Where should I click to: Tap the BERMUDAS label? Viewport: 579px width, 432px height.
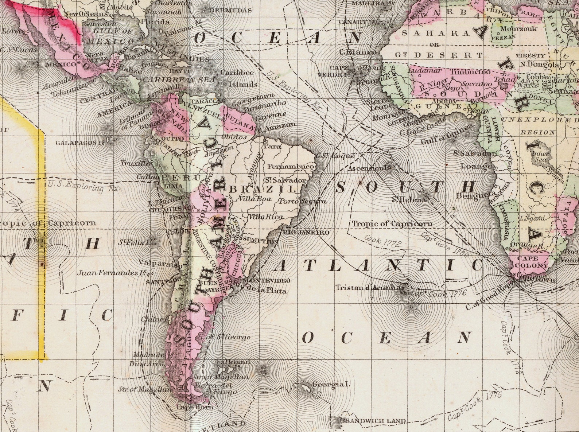click(x=231, y=10)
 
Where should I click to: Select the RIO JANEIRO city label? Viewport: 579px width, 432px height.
click(x=306, y=232)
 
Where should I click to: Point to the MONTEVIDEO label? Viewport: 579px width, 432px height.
click(x=267, y=281)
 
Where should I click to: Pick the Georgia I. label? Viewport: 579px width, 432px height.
click(x=331, y=384)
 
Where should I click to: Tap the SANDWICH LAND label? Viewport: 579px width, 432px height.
click(x=375, y=421)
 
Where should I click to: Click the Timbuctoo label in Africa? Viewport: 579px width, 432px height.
click(x=471, y=72)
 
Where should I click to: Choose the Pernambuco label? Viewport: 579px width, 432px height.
click(x=291, y=167)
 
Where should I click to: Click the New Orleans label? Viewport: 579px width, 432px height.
click(x=86, y=14)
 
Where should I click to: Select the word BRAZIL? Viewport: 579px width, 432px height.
click(x=263, y=189)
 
